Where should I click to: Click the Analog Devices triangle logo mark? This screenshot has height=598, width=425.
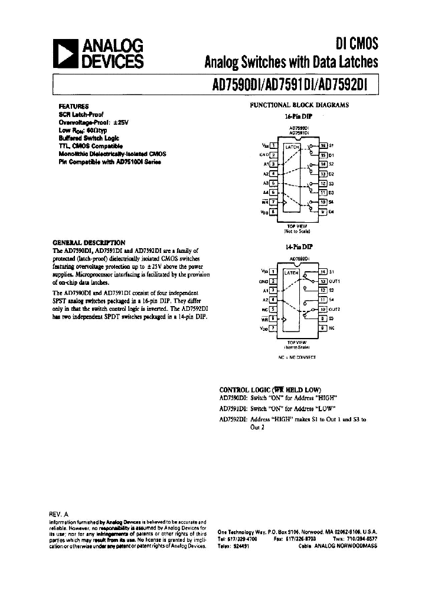tap(67, 54)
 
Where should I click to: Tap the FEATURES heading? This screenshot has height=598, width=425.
tap(74, 106)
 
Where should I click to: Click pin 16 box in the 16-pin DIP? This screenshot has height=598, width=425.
tap(323, 145)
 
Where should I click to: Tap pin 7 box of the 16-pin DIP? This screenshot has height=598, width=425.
tap(273, 202)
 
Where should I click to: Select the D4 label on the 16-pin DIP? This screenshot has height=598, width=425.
tap(331, 212)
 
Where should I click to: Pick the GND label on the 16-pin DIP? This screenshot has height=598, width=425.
tap(263, 155)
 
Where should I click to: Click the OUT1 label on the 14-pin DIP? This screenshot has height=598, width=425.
tap(335, 281)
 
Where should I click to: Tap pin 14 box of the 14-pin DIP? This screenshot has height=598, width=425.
tap(323, 271)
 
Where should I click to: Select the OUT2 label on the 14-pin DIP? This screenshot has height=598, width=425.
tap(335, 309)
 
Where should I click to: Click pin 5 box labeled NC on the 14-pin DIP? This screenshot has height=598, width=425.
tap(273, 309)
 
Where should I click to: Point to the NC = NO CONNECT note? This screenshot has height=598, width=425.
tap(297, 357)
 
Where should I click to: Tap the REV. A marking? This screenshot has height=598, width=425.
tap(59, 515)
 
